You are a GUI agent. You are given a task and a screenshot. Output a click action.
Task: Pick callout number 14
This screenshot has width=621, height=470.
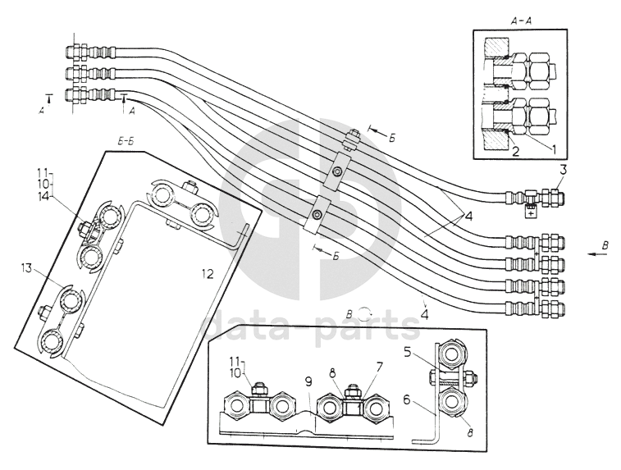point(43,198)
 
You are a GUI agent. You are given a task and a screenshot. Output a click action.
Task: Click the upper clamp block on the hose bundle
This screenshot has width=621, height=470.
point(336,172)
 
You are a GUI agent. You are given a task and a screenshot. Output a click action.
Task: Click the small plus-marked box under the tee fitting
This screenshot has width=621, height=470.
point(532,212)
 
